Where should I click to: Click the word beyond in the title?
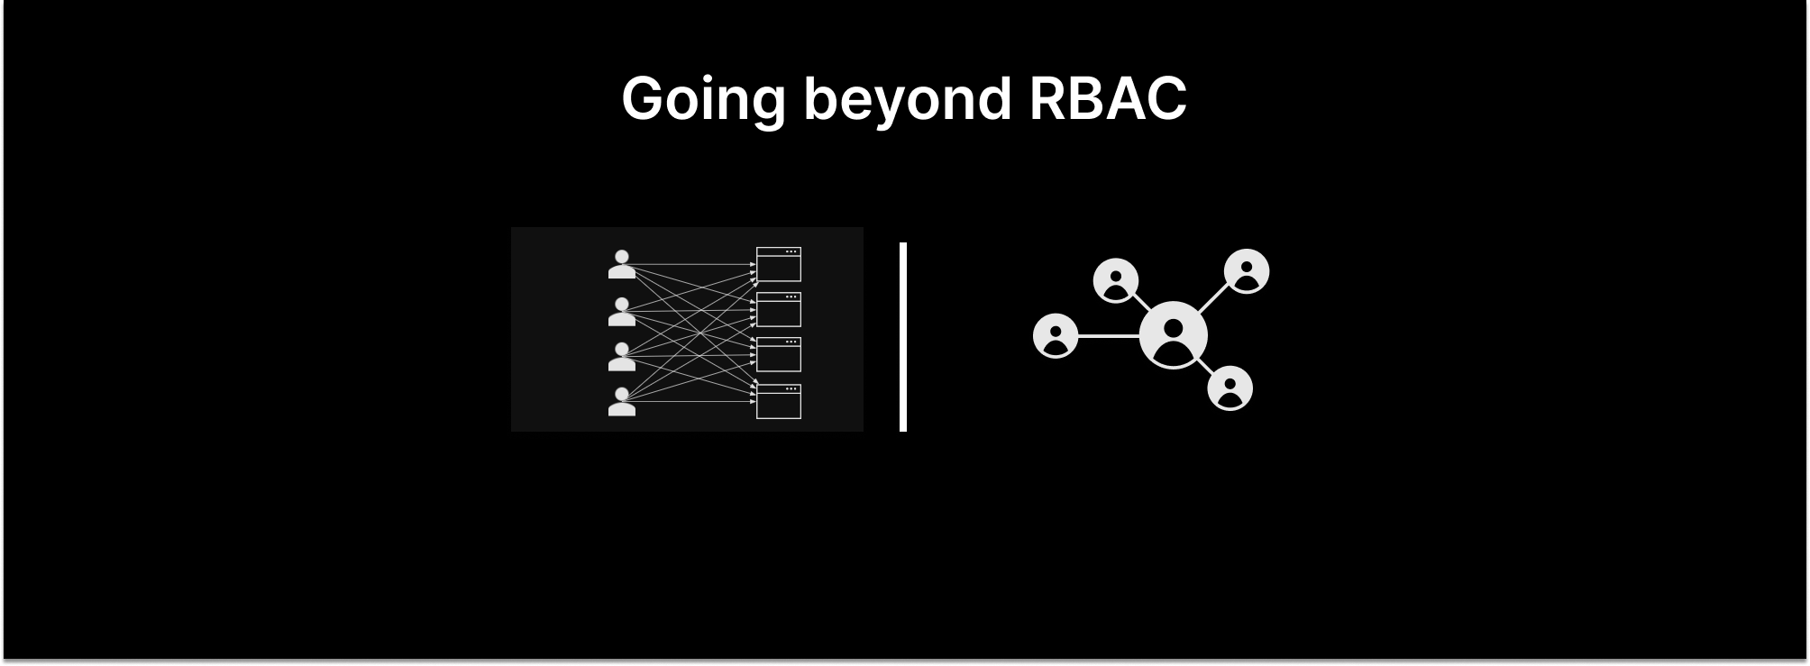point(907,99)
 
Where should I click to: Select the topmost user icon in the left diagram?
point(621,265)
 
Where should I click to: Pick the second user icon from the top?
point(621,312)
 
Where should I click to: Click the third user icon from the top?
point(621,357)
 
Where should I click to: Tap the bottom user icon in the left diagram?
point(621,402)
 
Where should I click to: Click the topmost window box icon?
point(778,264)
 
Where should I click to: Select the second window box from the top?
point(778,309)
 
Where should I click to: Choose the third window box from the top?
point(778,354)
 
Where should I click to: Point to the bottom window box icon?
point(778,401)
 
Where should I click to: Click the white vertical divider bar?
point(903,336)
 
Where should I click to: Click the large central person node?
point(1173,335)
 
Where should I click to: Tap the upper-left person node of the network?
point(1116,280)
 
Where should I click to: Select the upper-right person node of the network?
point(1247,271)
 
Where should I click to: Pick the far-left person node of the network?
point(1056,336)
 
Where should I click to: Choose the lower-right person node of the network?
point(1230,388)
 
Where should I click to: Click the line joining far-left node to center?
point(1109,336)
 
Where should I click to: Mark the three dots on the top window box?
point(791,251)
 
